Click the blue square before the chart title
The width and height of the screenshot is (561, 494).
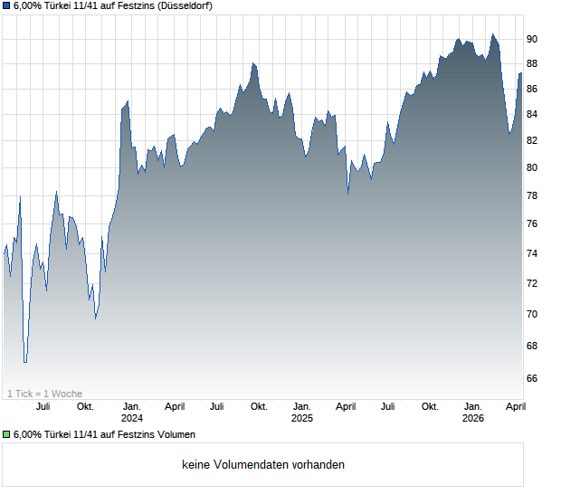tap(6, 6)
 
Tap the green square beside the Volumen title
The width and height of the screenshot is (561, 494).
tap(6, 435)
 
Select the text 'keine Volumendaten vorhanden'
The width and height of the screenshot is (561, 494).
tap(263, 465)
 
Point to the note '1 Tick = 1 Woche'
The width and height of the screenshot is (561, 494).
tap(44, 394)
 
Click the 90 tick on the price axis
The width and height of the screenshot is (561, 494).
tap(532, 39)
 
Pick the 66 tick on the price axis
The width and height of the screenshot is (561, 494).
tap(532, 378)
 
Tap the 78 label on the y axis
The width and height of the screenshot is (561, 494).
tap(532, 195)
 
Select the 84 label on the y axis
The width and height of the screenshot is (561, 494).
tap(532, 114)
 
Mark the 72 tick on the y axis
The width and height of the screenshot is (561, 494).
tap(532, 283)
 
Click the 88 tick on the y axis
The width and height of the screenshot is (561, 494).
tap(532, 63)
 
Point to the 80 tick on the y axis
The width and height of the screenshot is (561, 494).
tap(532, 167)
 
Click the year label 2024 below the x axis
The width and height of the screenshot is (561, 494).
tap(131, 418)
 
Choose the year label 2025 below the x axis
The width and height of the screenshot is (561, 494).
tap(301, 418)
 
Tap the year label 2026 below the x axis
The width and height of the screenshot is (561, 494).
tap(472, 418)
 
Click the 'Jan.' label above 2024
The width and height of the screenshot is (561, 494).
tap(131, 406)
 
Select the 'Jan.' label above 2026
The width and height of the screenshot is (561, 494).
tap(472, 406)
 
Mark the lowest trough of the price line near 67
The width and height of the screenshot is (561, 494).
tap(25, 361)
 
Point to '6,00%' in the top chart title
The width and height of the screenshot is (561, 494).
tap(29, 6)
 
